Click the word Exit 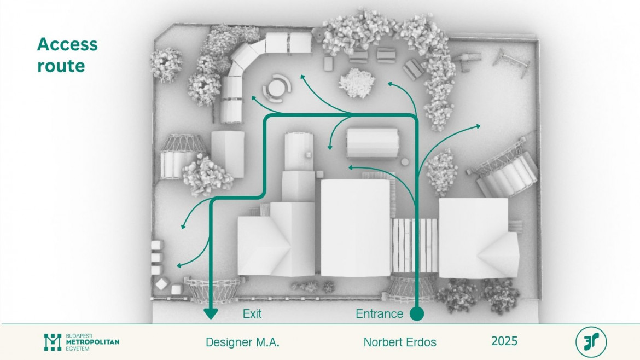click(x=252, y=314)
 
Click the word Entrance click(x=379, y=314)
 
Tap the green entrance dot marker click(x=417, y=314)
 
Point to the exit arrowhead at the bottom click(x=211, y=313)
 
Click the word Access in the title click(x=67, y=44)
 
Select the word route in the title click(x=61, y=66)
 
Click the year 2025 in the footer click(x=504, y=341)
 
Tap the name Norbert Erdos click(x=400, y=342)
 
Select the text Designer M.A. click(x=242, y=342)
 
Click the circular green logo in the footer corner click(x=591, y=342)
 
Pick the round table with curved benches click(x=277, y=88)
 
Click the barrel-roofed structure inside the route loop click(x=373, y=143)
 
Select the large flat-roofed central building click(x=355, y=227)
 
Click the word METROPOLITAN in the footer click(x=92, y=342)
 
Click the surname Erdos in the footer click(x=420, y=342)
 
